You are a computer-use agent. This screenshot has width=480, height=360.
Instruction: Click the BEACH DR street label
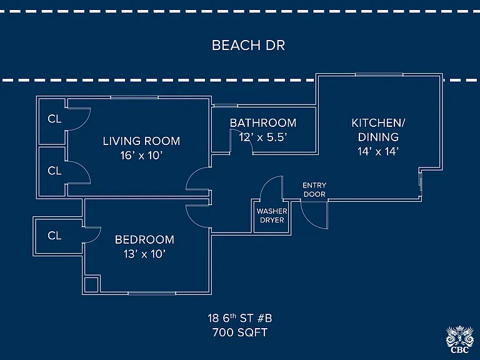[x=248, y=45]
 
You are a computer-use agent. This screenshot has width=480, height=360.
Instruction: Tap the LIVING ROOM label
[x=141, y=141]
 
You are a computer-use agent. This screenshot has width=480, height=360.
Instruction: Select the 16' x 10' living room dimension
[x=141, y=156]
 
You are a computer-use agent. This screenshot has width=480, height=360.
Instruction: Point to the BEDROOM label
[x=144, y=239]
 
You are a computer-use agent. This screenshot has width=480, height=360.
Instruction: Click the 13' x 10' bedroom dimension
[x=144, y=254]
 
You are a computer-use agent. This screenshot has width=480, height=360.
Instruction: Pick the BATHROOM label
[x=263, y=122]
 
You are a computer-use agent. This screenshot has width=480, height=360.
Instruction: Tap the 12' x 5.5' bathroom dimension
[x=263, y=137]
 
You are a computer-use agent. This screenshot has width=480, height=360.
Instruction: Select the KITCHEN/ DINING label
[x=378, y=130]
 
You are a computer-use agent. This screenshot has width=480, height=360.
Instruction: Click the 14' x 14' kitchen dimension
[x=378, y=151]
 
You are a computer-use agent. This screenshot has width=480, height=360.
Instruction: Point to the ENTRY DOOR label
[x=314, y=190]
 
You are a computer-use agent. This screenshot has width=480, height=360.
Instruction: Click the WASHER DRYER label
[x=272, y=216]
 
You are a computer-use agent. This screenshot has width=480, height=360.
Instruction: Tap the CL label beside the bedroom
[x=54, y=236]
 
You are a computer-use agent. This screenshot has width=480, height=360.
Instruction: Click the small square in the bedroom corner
[x=91, y=285]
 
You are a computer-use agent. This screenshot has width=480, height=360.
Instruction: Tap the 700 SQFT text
[x=240, y=332]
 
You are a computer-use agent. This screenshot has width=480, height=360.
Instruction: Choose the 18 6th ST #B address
[x=240, y=318]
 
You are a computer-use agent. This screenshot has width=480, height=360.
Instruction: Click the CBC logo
[x=460, y=340]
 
